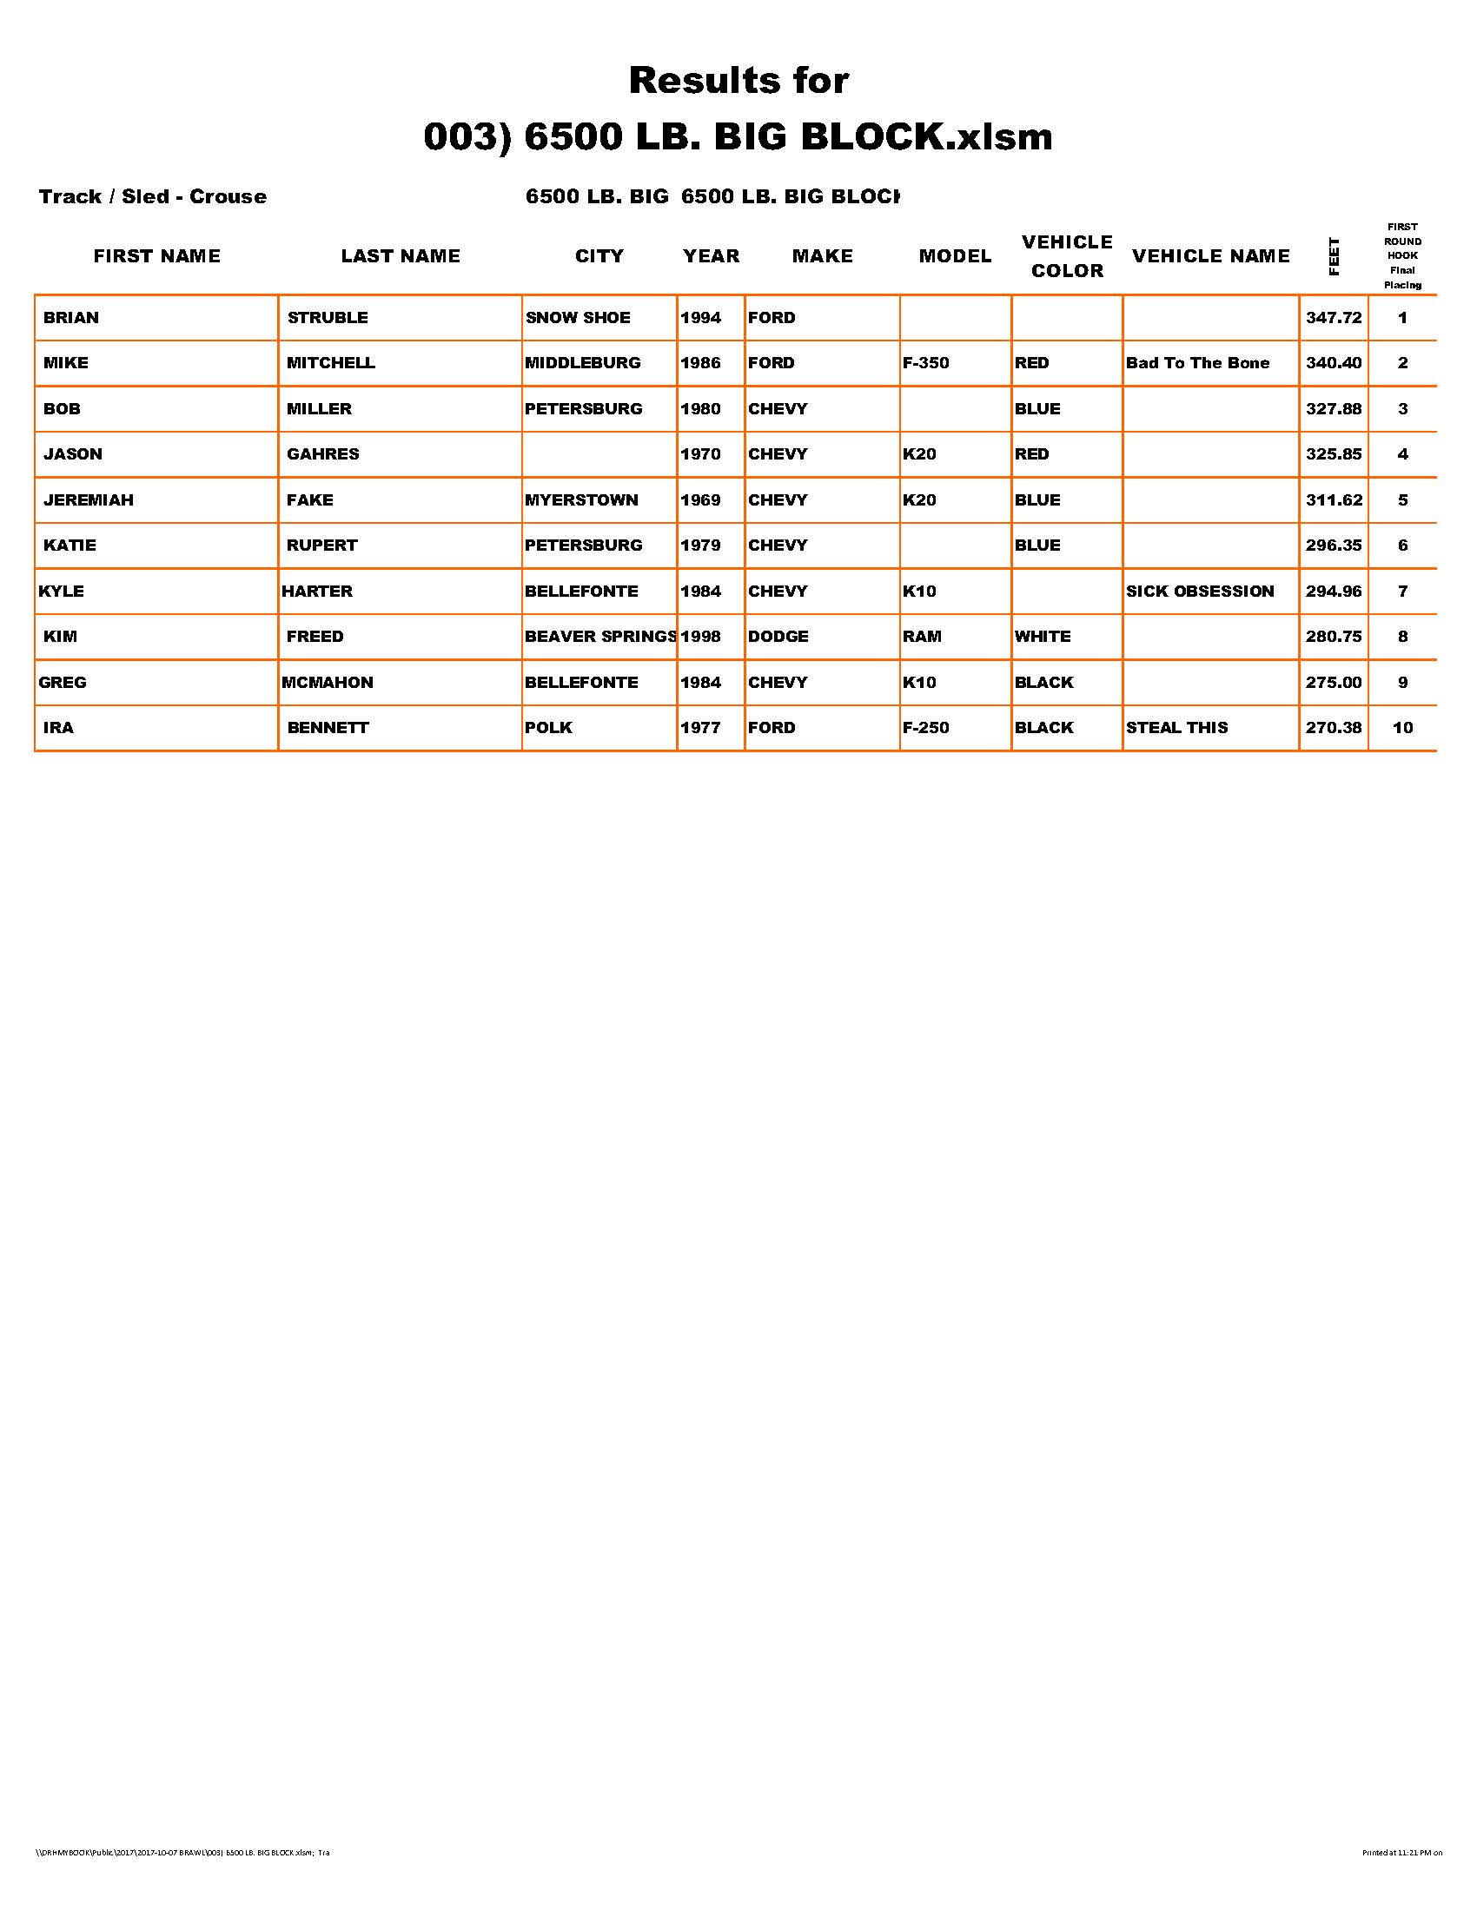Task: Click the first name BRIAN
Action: [x=71, y=318]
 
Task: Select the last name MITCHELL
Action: [x=331, y=363]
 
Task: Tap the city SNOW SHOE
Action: [x=578, y=318]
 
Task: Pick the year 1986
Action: [x=700, y=363]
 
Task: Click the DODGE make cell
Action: [x=778, y=637]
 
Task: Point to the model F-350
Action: [x=926, y=363]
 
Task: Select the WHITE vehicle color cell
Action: [x=1042, y=637]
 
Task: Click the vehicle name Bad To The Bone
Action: [x=1197, y=363]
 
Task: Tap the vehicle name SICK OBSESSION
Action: [x=1200, y=592]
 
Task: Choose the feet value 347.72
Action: [x=1334, y=318]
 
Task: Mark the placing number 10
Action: [x=1402, y=728]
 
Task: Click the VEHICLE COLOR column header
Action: [x=1067, y=256]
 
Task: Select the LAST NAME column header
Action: [x=400, y=256]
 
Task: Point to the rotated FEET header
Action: [x=1334, y=256]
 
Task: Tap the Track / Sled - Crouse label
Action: [x=152, y=197]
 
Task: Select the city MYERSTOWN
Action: [x=581, y=500]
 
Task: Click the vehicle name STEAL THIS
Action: [x=1177, y=728]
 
